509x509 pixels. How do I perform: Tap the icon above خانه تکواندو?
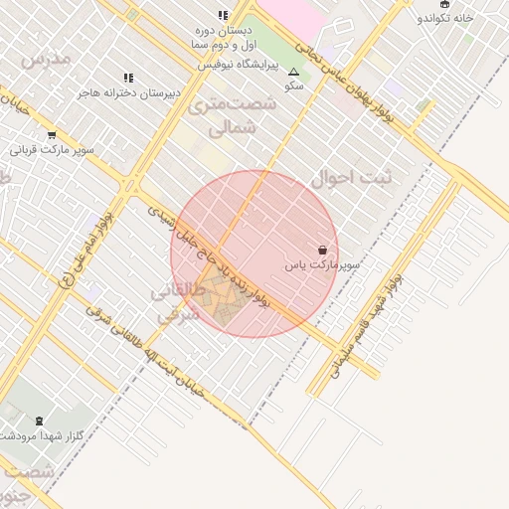pos(444,5)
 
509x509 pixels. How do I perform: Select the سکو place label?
pos(293,86)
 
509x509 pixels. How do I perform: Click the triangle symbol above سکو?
pos(293,73)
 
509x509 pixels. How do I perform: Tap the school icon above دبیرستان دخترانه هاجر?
pos(128,78)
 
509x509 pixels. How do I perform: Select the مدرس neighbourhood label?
pos(47,60)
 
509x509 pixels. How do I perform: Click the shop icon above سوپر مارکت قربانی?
pos(52,135)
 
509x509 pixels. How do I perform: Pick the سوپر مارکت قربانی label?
pos(52,150)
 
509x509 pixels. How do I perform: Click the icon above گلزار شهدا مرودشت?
pos(39,422)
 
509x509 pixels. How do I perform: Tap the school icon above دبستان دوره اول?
pos(223,16)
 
